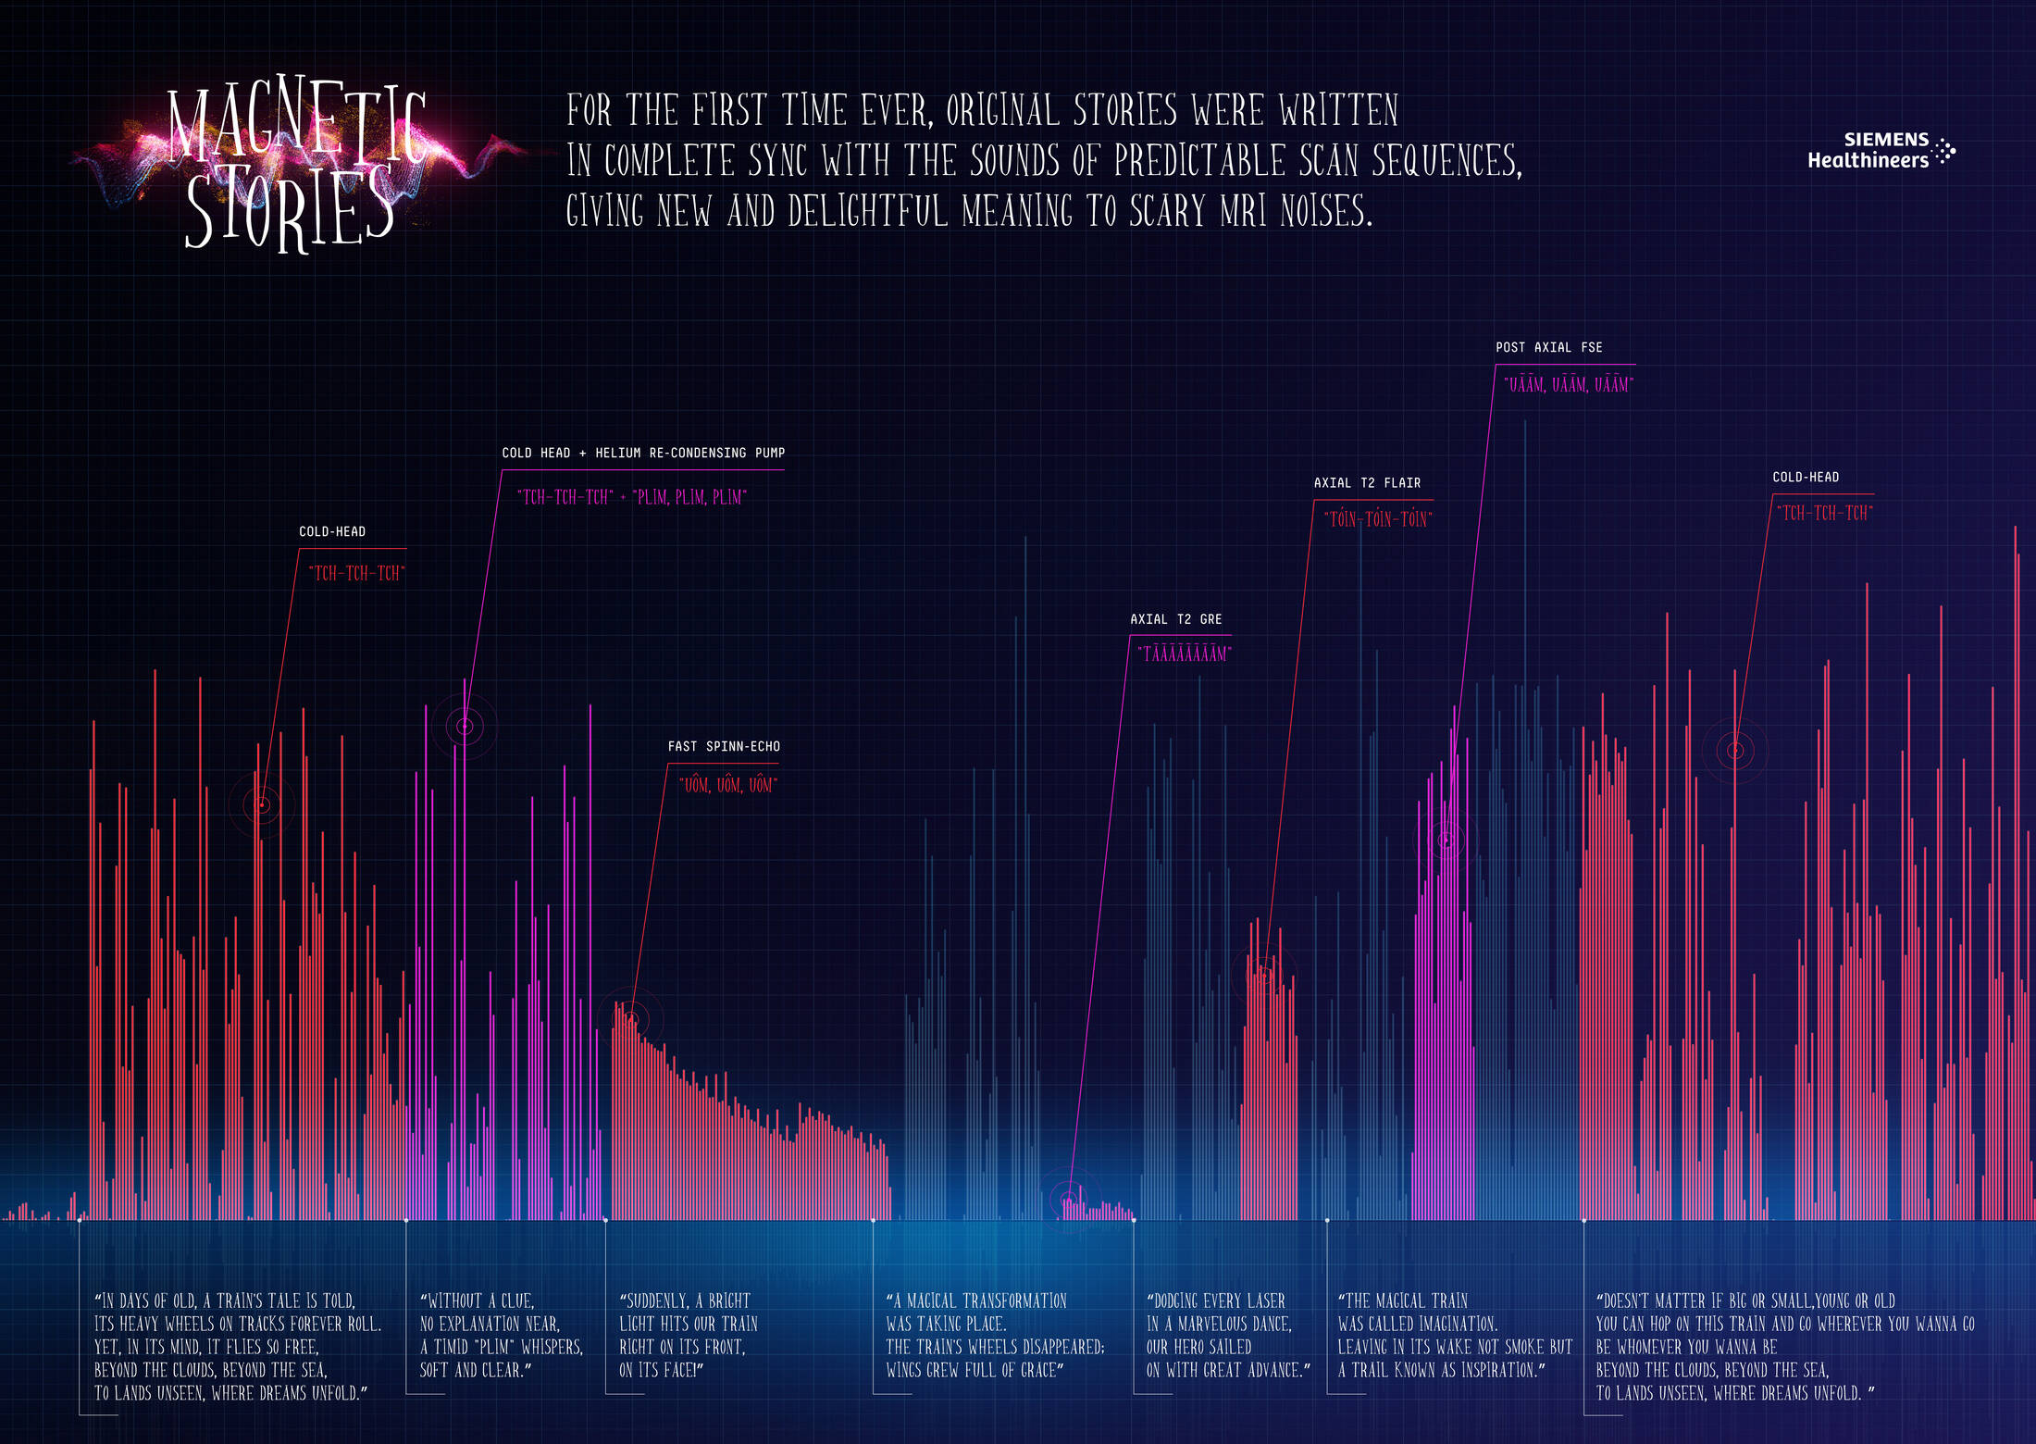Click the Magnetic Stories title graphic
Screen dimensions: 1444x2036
tap(296, 167)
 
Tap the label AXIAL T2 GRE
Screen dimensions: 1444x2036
tap(1176, 619)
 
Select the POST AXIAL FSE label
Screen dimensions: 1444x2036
tap(1549, 347)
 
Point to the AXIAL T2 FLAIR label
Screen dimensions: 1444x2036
tap(1367, 483)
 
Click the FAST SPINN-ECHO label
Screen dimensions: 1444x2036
tap(724, 746)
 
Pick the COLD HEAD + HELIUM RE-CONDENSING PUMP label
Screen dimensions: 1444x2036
tap(643, 453)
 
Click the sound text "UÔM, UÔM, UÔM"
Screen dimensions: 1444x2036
tap(728, 785)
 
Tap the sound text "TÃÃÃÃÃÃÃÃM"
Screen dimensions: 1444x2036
tap(1185, 654)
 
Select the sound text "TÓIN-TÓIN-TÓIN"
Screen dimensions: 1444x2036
tap(1378, 519)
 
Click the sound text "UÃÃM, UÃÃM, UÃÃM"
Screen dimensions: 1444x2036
tap(1569, 384)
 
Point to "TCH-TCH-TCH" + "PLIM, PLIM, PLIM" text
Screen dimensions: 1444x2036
tap(632, 497)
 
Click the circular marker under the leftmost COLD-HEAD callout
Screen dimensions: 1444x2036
tap(262, 804)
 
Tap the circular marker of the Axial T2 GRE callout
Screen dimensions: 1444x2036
tap(1069, 1200)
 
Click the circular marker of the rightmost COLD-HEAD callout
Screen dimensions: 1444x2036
tap(1735, 750)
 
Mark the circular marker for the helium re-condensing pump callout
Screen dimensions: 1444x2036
tap(465, 727)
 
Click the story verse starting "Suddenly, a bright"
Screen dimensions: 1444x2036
tap(688, 1335)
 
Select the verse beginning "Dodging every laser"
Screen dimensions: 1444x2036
tap(1227, 1335)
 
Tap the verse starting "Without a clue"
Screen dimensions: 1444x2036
tap(501, 1335)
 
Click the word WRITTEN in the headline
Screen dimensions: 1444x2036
tap(1339, 110)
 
